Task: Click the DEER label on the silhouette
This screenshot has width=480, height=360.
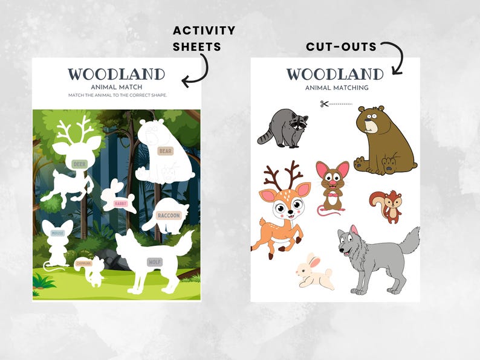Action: (79, 164)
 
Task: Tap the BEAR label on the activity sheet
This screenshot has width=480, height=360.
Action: (165, 150)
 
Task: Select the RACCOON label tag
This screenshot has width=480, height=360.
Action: (169, 216)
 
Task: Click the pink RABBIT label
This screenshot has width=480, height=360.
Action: (124, 203)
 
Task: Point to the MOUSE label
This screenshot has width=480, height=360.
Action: (57, 233)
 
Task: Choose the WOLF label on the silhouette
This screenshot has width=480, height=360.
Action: (155, 262)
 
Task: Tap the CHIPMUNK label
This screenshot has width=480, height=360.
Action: (83, 263)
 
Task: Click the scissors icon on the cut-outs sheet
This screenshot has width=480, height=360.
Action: (324, 104)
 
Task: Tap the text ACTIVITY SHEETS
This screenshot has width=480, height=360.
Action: (204, 38)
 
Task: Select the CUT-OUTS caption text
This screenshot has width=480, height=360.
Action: (341, 47)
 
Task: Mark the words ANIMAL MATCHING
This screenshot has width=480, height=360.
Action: (337, 88)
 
